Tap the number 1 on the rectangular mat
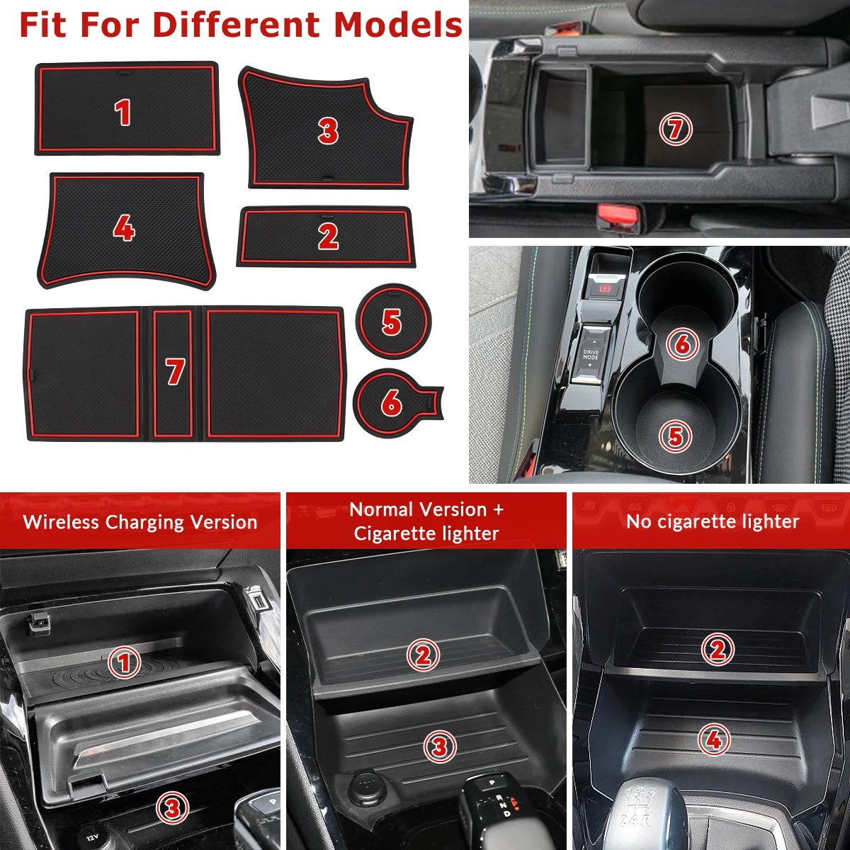[123, 113]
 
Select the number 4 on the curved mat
[124, 228]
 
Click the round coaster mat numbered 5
[393, 321]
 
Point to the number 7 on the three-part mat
[175, 371]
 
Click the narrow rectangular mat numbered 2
[326, 237]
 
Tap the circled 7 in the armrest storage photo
[675, 129]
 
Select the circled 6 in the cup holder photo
[682, 344]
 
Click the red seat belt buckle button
[618, 215]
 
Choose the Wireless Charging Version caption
[140, 522]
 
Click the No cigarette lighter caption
[713, 522]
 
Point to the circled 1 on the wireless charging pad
[125, 662]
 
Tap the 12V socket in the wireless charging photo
[92, 837]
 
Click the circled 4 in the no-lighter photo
[714, 739]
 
